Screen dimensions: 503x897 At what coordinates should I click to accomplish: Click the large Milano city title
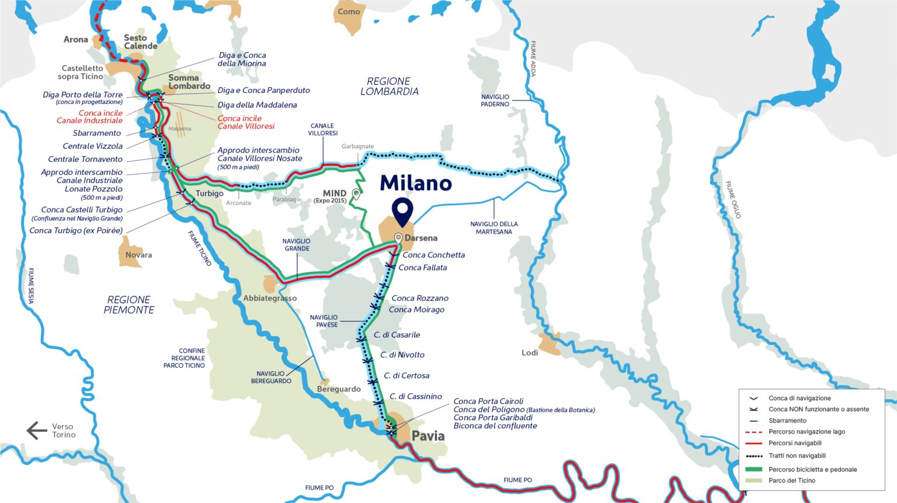pos(415,183)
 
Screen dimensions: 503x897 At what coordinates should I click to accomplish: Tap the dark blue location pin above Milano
pos(402,211)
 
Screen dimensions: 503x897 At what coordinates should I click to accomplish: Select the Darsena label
pos(420,238)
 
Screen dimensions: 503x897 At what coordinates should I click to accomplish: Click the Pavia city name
pos(428,436)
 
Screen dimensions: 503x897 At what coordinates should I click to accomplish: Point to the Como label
pos(349,12)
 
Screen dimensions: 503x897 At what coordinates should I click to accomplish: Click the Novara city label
pos(138,255)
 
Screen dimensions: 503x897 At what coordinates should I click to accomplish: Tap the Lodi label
pos(530,353)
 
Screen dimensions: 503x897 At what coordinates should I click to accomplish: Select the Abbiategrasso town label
pos(270,298)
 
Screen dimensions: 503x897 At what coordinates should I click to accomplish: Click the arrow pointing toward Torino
pos(36,431)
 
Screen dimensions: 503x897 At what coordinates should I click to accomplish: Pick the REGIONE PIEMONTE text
pos(129,305)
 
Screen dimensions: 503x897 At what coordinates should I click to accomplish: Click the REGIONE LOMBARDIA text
pos(389,86)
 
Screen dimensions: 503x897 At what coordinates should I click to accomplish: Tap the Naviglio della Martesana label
pos(493,228)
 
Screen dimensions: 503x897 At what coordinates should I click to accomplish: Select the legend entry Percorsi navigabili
pos(795,443)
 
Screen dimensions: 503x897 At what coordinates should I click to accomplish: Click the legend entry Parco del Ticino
pos(791,480)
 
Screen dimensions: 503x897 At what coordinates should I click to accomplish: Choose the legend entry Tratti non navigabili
pos(797,456)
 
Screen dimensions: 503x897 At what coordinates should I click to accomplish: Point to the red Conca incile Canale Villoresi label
pos(246,122)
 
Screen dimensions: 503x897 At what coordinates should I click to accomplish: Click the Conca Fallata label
pos(422,268)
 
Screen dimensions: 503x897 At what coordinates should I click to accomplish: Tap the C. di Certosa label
pos(406,376)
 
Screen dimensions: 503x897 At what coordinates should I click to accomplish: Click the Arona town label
pos(76,40)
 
